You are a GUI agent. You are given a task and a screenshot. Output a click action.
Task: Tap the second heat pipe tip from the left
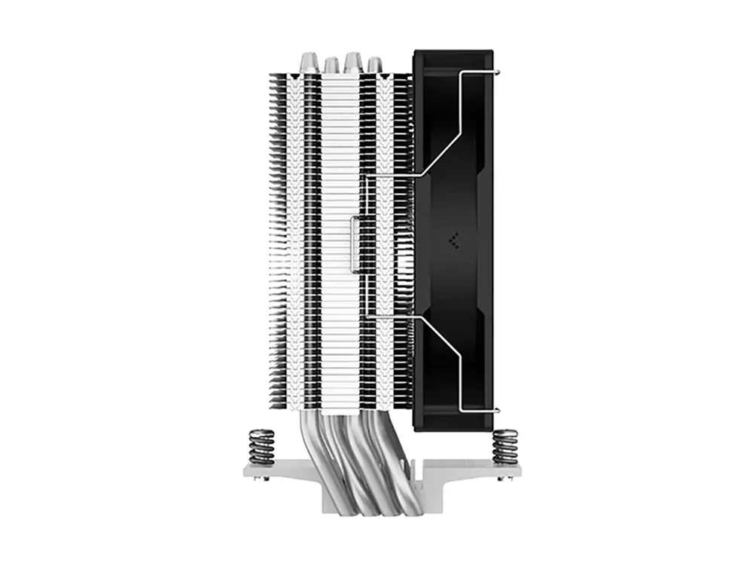pyautogui.click(x=331, y=66)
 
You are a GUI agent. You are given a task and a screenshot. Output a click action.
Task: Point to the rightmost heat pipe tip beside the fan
pyautogui.click(x=373, y=66)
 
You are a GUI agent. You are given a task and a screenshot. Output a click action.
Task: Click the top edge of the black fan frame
pyautogui.click(x=453, y=53)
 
